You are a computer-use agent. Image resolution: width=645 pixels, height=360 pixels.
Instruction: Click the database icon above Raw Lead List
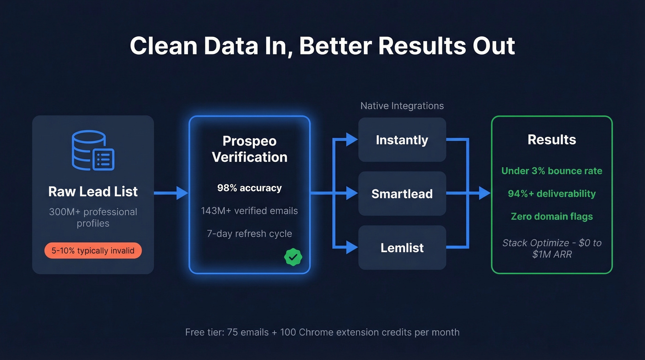coord(93,151)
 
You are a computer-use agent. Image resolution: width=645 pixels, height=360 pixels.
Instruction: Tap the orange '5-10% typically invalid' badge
coord(93,251)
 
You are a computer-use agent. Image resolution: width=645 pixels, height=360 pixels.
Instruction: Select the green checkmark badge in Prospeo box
coord(293,257)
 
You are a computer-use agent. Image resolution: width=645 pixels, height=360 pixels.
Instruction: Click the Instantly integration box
coord(402,140)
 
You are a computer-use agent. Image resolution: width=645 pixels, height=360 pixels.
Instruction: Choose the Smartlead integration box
coord(402,194)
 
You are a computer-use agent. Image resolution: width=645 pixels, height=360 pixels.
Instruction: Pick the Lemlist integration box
coord(402,248)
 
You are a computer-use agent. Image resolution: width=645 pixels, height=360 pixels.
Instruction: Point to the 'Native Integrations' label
coord(402,106)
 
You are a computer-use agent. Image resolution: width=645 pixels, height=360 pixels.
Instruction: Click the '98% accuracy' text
coord(249,188)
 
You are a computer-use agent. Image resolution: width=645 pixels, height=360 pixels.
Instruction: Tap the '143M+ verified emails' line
coord(249,211)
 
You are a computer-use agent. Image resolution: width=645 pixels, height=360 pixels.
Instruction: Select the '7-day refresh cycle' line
coord(249,233)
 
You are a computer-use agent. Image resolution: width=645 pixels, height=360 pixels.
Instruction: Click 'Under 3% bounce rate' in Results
coord(551,171)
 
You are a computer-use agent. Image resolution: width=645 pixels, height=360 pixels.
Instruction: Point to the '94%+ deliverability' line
coord(551,194)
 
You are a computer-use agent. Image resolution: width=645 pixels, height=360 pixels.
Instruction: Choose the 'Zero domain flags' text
coord(551,216)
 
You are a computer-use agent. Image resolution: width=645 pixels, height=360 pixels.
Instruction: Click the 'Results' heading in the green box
coord(551,140)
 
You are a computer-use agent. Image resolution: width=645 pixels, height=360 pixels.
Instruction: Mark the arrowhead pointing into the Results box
coord(484,193)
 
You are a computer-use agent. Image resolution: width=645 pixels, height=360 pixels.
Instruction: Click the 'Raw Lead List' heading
coord(93,191)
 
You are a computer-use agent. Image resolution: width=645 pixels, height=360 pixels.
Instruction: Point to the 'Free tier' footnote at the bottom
coord(322,332)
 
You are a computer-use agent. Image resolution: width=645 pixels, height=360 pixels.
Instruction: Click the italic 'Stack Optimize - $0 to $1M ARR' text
coord(551,248)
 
